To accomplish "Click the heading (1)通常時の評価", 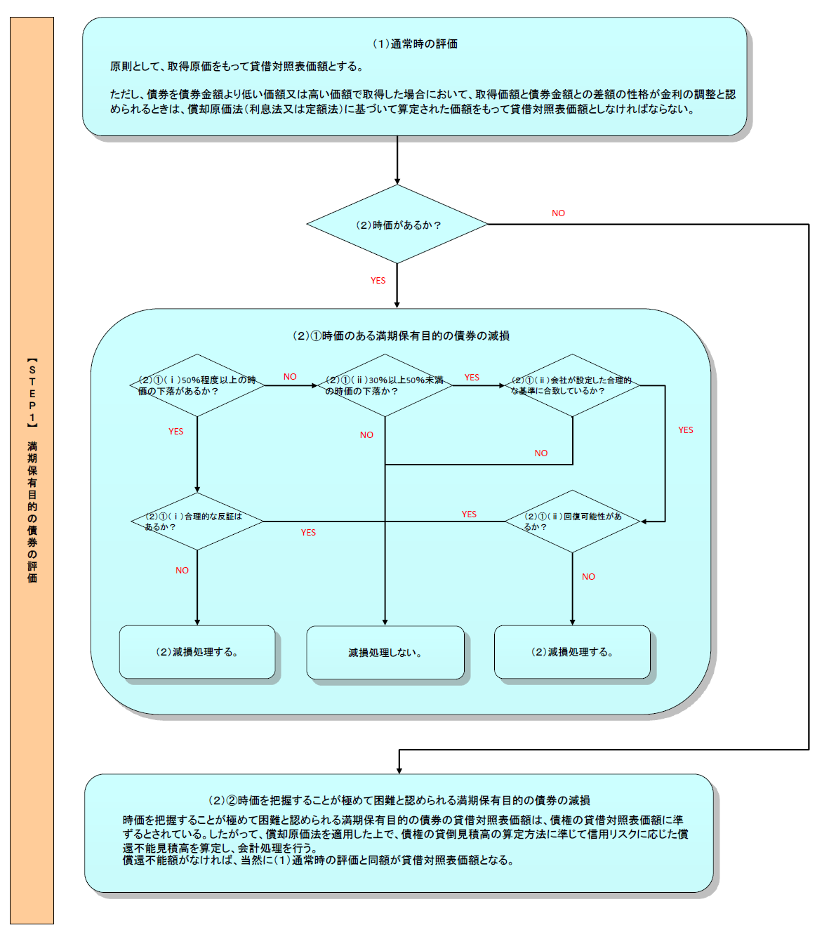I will point(415,44).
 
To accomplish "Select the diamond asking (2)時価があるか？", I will point(397,225).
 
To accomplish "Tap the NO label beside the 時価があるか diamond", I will point(558,213).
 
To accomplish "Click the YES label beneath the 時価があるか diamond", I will point(378,281).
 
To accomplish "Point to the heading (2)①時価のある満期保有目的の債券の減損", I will point(401,336).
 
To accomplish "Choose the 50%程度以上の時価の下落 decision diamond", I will point(197,385).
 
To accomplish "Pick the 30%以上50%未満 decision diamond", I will point(385,385).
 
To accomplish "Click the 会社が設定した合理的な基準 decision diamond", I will point(572,385).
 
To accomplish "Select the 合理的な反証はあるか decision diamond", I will point(197,521).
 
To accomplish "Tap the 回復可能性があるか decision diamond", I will point(572,521).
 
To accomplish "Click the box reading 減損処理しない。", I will point(385,653).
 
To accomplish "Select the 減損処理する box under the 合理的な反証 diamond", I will point(197,652).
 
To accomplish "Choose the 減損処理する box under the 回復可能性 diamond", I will point(572,652).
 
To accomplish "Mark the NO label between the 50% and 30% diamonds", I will point(290,377).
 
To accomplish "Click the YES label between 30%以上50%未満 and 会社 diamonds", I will point(472,378).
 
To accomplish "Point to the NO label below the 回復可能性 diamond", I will point(588,577).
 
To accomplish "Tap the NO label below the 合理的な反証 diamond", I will point(182,571).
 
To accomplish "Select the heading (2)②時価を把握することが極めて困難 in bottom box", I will point(399,800).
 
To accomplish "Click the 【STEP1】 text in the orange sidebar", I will point(32,393).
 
